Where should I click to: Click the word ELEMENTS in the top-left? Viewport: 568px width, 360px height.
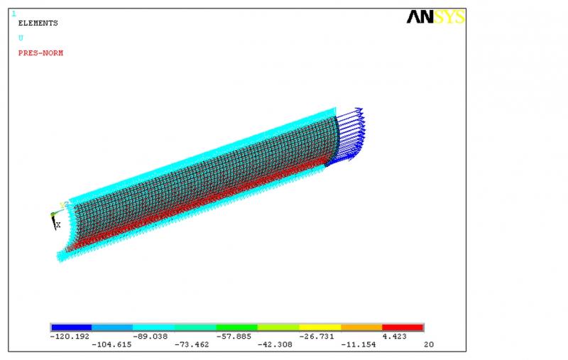(38, 23)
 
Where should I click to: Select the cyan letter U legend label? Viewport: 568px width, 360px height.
(21, 38)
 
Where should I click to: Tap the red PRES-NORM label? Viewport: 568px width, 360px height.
(40, 53)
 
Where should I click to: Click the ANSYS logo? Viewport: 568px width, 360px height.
(436, 17)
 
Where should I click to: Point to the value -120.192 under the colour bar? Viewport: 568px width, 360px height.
(70, 337)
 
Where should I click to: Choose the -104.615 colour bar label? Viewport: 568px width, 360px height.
(111, 345)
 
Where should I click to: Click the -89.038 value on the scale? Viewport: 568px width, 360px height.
(151, 337)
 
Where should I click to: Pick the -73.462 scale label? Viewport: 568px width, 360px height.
(192, 345)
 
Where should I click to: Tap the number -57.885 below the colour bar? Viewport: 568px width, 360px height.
(234, 337)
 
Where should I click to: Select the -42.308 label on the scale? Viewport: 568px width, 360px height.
(275, 345)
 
